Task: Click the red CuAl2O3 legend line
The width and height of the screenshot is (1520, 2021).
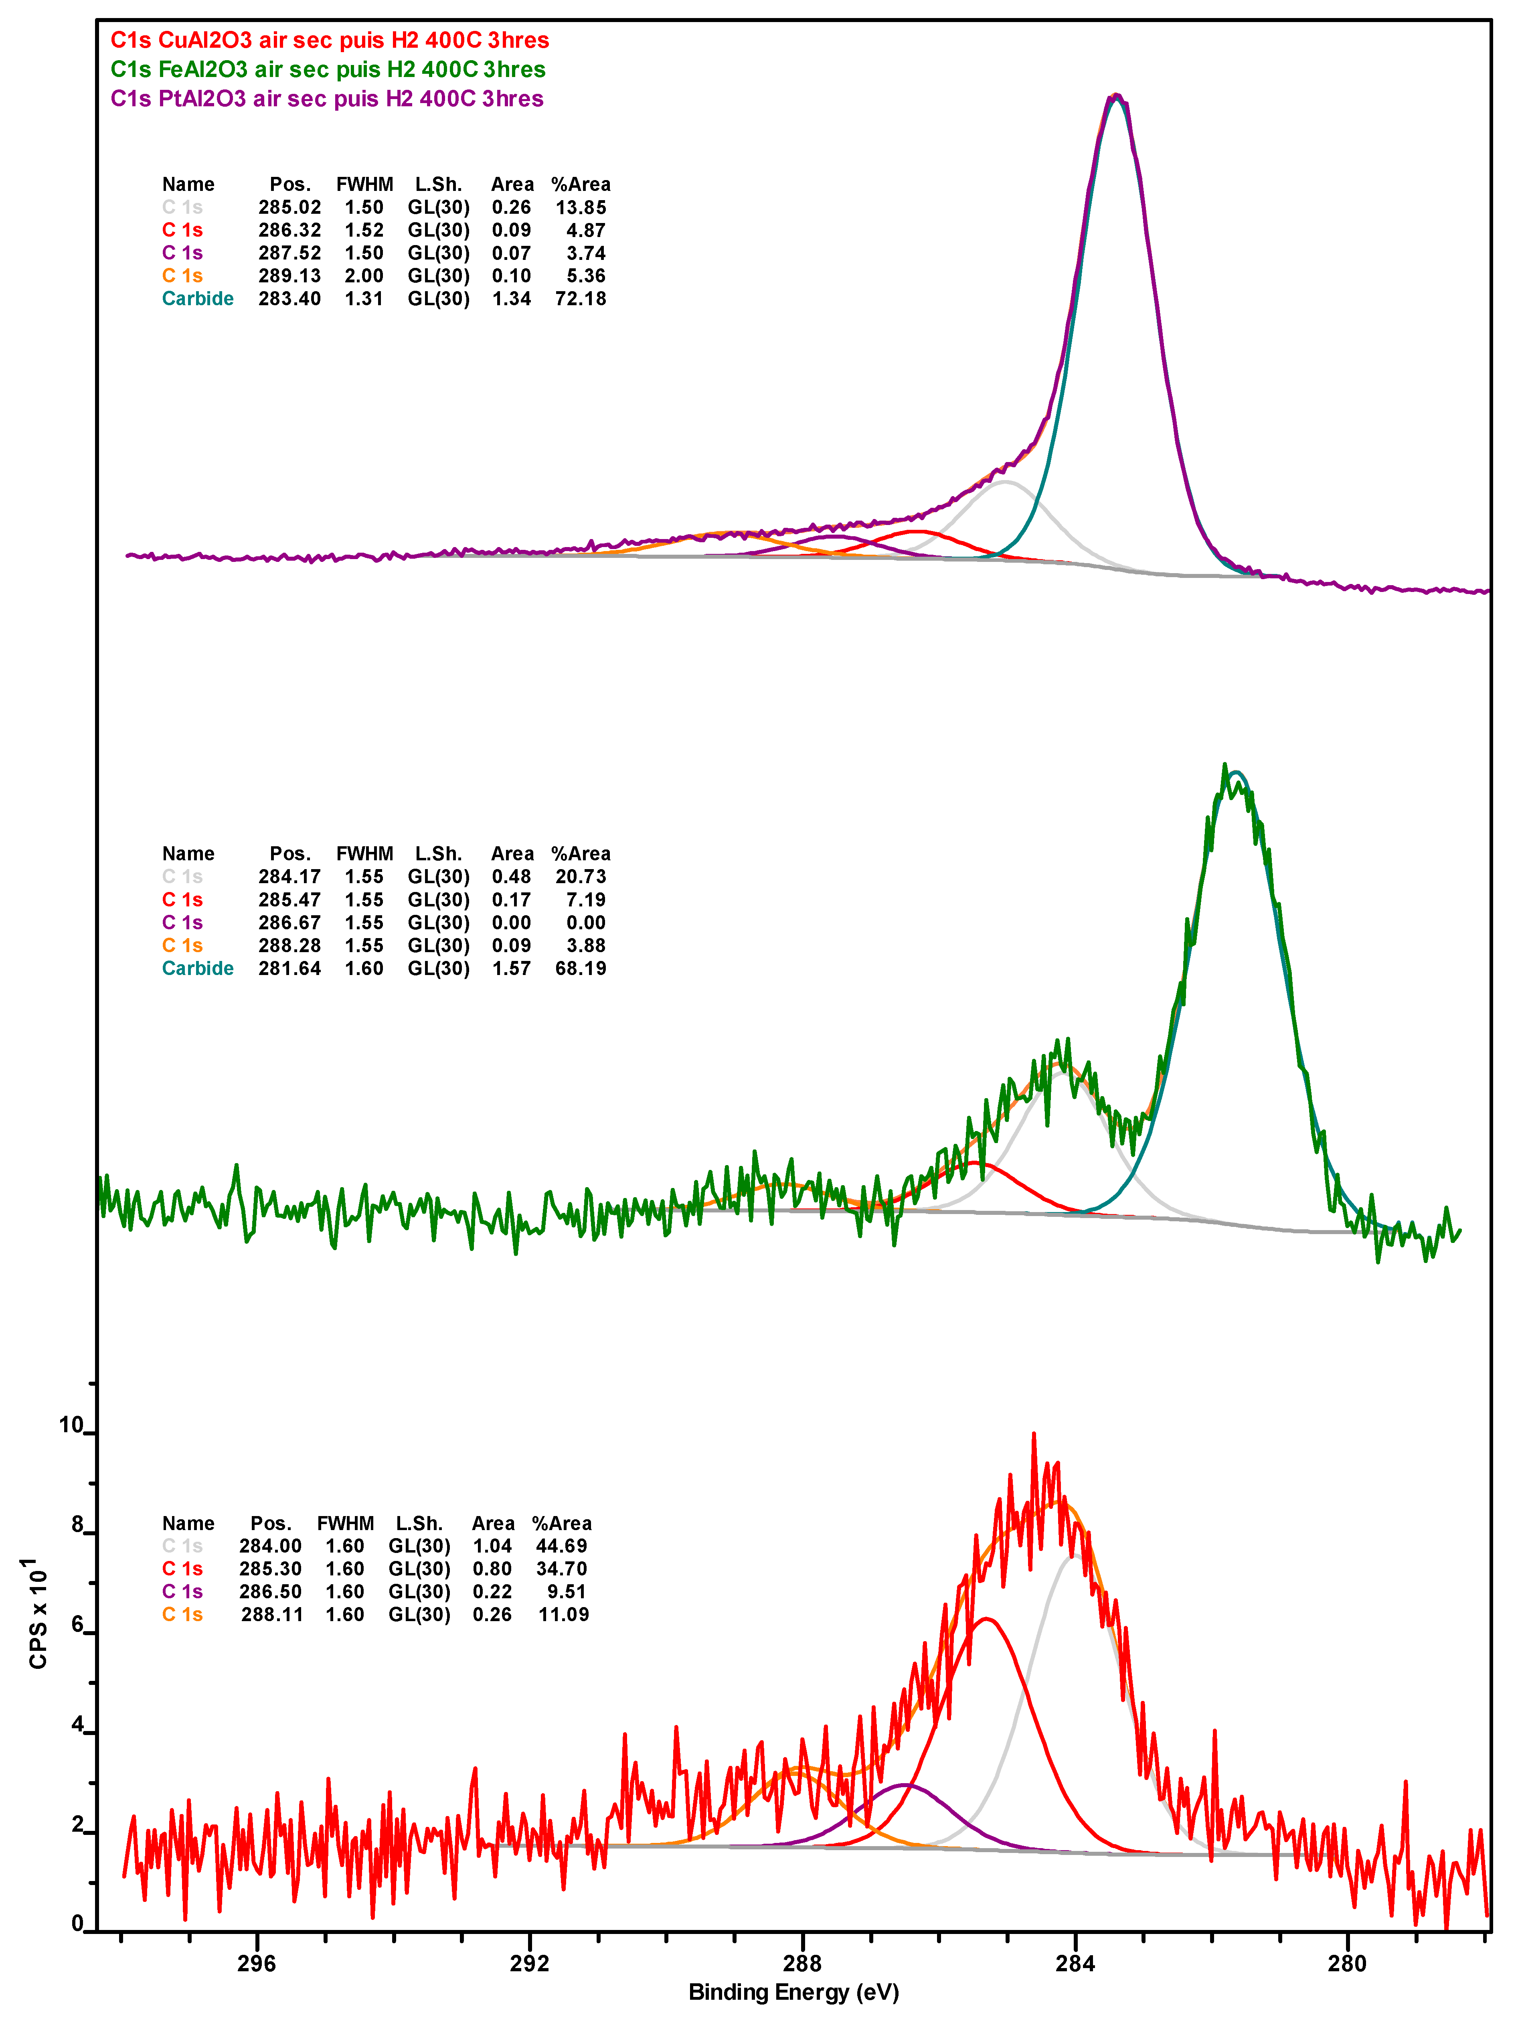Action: click(x=330, y=40)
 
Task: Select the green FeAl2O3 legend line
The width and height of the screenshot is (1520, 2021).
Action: click(x=328, y=69)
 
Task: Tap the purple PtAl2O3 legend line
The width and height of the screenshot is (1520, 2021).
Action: click(x=327, y=99)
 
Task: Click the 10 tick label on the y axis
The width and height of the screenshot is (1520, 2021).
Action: click(x=70, y=1425)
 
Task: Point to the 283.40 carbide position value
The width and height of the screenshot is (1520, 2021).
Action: click(x=289, y=299)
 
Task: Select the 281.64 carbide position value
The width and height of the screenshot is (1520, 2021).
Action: click(x=289, y=969)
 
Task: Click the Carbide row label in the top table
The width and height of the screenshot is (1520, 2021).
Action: click(x=197, y=299)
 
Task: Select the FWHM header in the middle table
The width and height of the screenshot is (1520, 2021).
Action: click(x=364, y=853)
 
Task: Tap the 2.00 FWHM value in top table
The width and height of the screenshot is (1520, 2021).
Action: click(x=364, y=276)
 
